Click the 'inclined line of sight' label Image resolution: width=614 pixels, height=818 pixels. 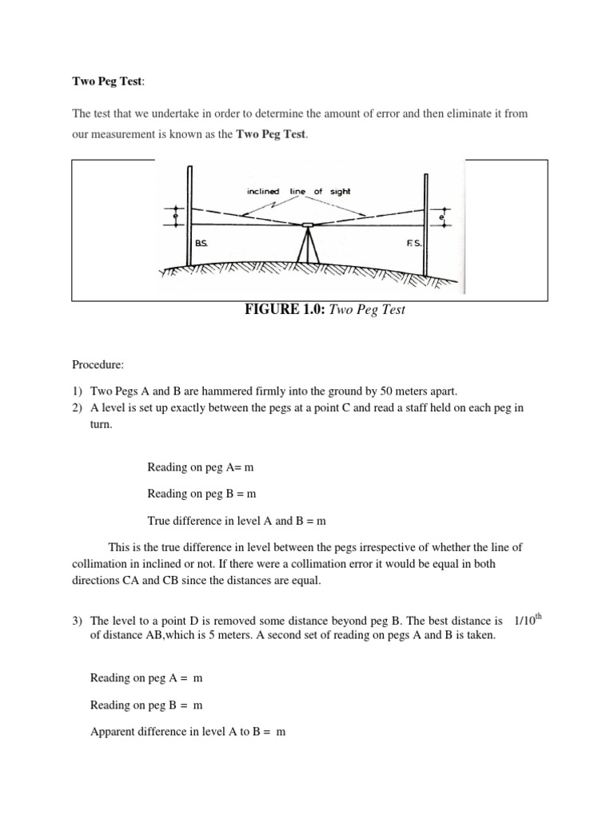point(299,192)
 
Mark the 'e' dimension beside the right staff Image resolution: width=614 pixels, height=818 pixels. point(442,216)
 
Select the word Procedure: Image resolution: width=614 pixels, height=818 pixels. point(98,364)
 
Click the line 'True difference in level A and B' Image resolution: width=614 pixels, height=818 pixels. point(237,521)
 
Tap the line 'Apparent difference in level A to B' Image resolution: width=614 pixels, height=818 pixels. point(188,732)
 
